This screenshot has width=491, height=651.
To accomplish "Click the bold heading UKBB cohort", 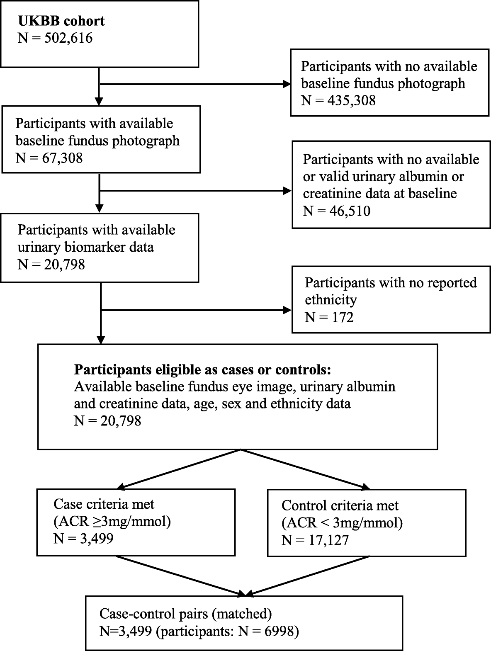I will [61, 21].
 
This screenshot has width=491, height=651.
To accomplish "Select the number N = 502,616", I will [55, 38].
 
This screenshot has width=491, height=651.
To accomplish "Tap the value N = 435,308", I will [338, 100].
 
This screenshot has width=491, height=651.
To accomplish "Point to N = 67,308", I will [49, 158].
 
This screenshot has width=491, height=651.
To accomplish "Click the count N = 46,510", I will [336, 211].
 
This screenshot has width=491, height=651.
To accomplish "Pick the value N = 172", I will [329, 317].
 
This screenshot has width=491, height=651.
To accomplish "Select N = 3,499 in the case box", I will [83, 538].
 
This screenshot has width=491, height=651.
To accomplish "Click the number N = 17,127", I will [315, 540].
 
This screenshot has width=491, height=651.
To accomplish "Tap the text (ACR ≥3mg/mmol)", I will [112, 521].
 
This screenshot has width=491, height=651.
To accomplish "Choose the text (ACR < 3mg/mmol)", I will [342, 523].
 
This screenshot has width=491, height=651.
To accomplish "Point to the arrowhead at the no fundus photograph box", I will [286, 84].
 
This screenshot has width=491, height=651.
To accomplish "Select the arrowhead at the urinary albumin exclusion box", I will [287, 191].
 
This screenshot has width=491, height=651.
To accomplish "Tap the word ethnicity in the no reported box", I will [331, 299].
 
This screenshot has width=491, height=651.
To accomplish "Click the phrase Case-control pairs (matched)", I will [185, 614].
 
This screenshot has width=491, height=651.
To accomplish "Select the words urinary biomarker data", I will [85, 247].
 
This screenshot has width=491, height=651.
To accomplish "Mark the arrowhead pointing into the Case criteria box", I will [121, 486].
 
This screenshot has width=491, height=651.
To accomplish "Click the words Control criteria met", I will [340, 505].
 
